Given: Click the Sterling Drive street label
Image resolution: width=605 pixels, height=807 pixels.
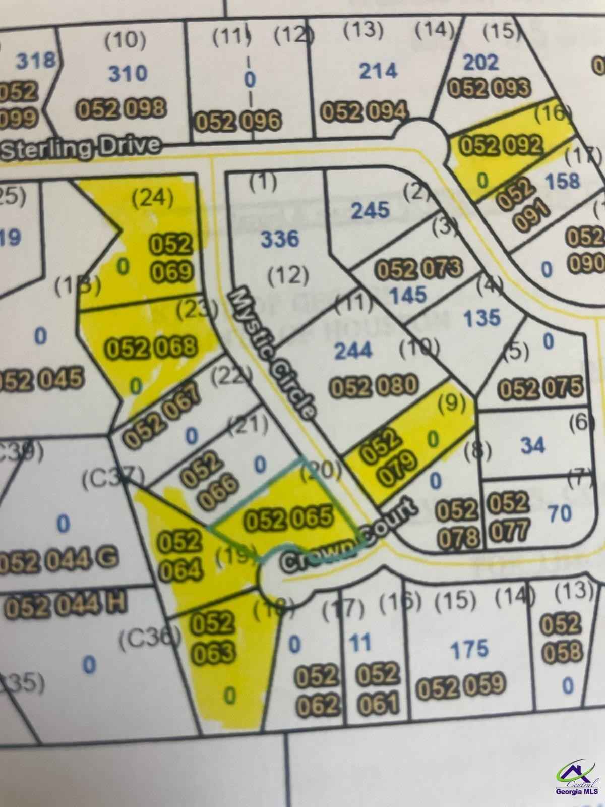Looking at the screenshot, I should tap(81, 148).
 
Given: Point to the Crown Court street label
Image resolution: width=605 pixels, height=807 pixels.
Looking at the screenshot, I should tap(348, 537).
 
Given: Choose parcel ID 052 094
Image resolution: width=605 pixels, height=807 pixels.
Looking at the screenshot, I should tap(364, 111).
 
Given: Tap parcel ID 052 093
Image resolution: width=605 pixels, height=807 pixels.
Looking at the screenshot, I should tap(489, 88).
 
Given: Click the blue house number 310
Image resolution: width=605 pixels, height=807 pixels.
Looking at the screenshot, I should tap(128, 74).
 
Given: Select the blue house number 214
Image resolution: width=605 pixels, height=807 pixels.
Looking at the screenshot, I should tap(378, 71).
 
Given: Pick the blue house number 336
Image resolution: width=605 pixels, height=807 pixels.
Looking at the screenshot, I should tap(280, 238).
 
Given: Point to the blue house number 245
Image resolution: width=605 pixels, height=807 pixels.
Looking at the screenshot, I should tap(371, 209).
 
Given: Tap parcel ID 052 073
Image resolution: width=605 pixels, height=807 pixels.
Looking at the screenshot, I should tap(419, 268).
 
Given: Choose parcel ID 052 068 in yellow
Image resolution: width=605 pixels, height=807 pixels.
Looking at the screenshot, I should tap(150, 347).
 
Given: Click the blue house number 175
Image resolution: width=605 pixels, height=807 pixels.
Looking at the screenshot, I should tap(469, 648).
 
